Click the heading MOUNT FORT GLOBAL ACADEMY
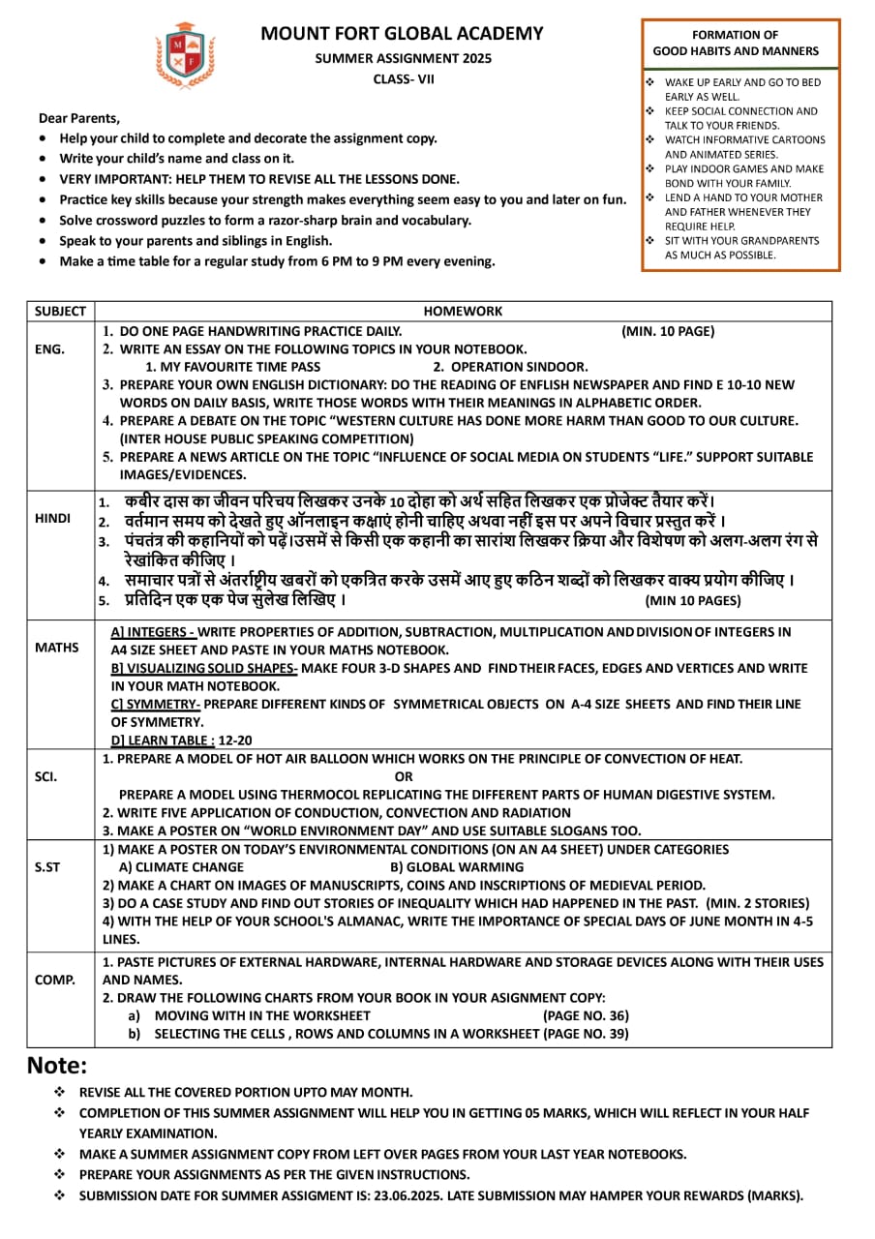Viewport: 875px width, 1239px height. (402, 34)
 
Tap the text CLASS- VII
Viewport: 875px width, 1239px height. (404, 78)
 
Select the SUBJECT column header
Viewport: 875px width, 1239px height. (60, 312)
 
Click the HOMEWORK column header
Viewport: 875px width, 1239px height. (463, 312)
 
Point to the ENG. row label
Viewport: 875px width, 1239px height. (49, 348)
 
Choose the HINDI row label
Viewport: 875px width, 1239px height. (52, 518)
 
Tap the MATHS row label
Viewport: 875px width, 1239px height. (56, 647)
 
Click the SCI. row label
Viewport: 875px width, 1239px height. (45, 775)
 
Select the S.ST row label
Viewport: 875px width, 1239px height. (47, 867)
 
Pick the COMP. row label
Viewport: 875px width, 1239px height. (54, 980)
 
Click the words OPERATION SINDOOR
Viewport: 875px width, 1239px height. (519, 367)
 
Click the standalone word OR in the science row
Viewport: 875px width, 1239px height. (405, 776)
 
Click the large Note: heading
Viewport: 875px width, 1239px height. (57, 1066)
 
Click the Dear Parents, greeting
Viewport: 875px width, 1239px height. (79, 118)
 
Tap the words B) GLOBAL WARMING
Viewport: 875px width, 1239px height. (457, 867)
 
